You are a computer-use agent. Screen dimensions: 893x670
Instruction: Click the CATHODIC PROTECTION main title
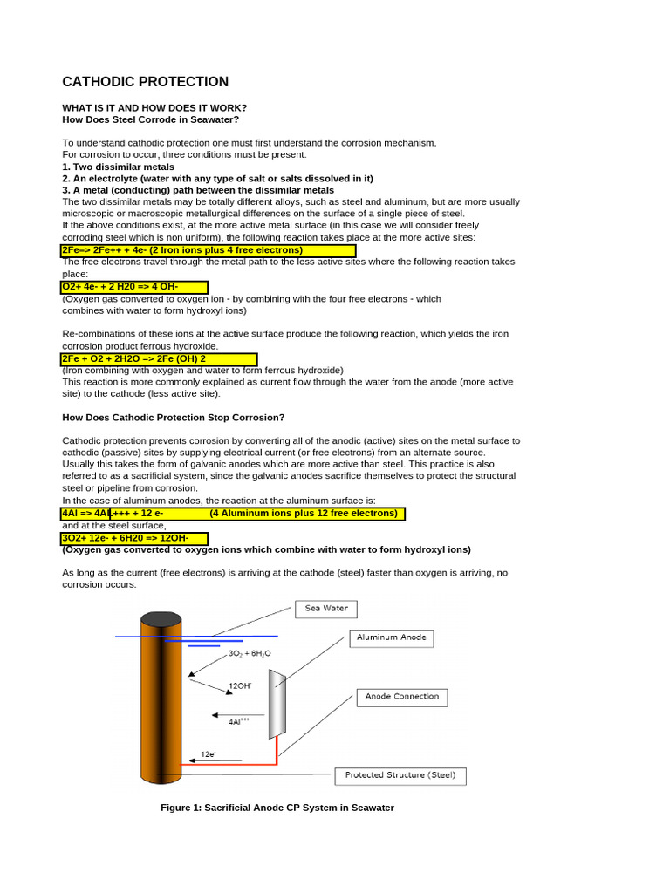point(145,82)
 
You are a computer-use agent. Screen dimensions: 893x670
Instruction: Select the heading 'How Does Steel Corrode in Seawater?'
point(150,119)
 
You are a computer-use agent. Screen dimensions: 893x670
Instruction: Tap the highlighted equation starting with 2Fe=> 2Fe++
point(208,250)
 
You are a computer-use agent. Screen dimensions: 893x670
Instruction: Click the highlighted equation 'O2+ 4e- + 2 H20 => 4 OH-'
point(134,287)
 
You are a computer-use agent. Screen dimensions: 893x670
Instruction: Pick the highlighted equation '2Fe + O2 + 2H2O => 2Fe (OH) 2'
point(159,358)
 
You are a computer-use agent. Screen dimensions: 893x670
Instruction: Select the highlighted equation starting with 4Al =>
point(232,514)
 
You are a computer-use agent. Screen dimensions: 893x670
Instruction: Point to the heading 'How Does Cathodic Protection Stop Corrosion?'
point(174,418)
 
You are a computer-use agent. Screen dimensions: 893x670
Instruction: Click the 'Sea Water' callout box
point(326,609)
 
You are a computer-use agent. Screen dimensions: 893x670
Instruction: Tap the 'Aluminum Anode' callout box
point(391,637)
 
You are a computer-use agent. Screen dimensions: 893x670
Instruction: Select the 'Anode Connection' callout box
point(402,697)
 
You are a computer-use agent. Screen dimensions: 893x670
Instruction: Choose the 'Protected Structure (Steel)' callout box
point(400,775)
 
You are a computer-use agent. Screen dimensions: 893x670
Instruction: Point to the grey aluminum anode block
point(277,703)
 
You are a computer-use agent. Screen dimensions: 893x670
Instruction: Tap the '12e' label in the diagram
point(208,753)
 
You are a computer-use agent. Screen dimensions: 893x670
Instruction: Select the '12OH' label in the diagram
point(239,686)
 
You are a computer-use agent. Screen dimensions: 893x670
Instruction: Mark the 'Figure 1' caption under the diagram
point(277,808)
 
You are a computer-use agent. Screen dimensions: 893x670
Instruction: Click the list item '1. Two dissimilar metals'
point(118,166)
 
